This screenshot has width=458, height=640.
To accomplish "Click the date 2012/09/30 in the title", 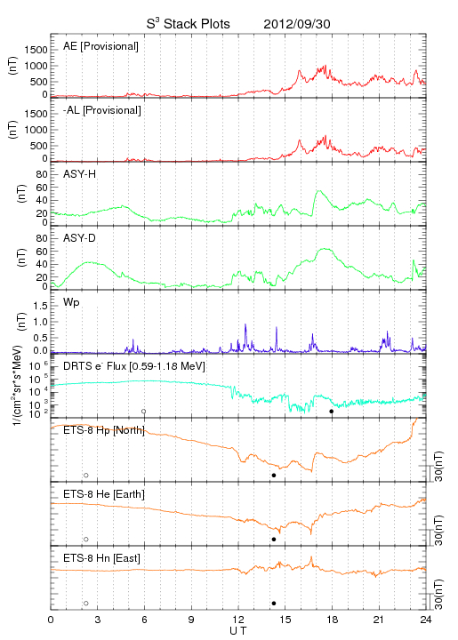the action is pos(297,24).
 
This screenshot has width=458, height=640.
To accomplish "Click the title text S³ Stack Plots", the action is pos(189,23).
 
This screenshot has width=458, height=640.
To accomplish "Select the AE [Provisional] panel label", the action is pos(100,46).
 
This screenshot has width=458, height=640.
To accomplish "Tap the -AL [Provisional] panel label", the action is pos(102,110).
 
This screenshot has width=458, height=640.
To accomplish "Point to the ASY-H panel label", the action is pos(79,174).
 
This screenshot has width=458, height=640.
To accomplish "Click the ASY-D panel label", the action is pos(79,238).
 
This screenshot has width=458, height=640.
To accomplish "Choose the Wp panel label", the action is pos(71,303).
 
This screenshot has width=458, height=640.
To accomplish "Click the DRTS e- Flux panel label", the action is pos(134,366).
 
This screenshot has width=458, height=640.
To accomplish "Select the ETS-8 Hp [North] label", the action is pos(104,430).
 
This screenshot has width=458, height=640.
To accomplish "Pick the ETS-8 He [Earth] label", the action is pos(104,494).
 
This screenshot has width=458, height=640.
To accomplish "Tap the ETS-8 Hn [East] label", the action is pos(101,558).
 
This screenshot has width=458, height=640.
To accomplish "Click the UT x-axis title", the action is pos(238,631).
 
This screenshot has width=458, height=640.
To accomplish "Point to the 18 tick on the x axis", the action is pos(333,620).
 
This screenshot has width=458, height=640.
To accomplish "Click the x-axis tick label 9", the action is pos(191,620).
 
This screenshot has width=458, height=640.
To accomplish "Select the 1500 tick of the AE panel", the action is pos(36,50).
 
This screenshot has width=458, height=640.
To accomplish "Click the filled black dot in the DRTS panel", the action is pos(332,412).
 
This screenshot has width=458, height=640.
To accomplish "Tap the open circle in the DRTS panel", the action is pos(144,412).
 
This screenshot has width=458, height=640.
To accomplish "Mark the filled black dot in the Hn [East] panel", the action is pos(274,604).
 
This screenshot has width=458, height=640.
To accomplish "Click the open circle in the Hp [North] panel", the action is pos(86,476).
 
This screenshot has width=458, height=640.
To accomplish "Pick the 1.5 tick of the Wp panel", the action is pos(40,306).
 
